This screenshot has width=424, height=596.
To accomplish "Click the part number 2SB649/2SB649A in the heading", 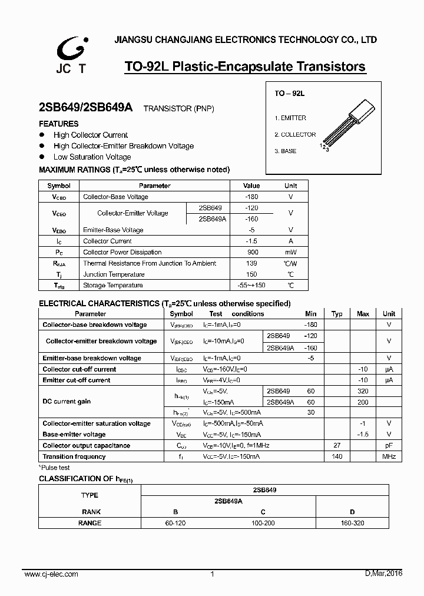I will click(x=86, y=108).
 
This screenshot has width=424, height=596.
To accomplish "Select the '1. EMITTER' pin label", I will click(x=290, y=118).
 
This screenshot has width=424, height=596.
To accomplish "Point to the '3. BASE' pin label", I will click(x=286, y=151).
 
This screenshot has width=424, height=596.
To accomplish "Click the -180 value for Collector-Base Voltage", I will click(x=251, y=197).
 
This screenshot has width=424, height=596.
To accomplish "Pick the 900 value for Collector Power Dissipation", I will click(x=251, y=252).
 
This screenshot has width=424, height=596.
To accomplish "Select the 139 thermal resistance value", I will click(x=251, y=263).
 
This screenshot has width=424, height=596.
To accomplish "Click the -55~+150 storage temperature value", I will click(x=251, y=285).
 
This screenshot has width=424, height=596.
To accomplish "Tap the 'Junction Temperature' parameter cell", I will click(x=114, y=274).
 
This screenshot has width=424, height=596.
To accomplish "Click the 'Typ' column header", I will click(x=337, y=314).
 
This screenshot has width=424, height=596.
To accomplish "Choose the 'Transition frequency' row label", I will click(x=74, y=456).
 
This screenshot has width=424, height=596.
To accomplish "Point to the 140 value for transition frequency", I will click(x=337, y=456).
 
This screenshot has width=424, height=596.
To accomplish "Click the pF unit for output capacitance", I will click(x=389, y=446).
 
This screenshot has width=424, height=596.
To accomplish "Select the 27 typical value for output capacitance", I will click(x=337, y=446).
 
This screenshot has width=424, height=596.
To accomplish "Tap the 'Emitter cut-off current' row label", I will click(x=77, y=380).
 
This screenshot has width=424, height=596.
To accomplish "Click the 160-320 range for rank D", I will click(x=352, y=523).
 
